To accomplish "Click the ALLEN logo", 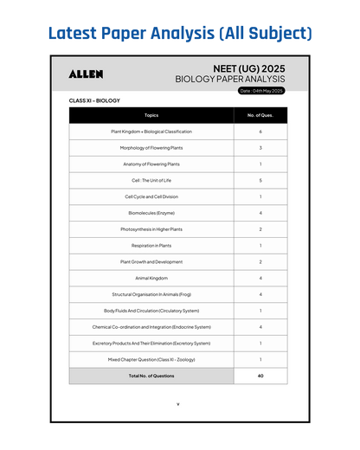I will pyautogui.click(x=86, y=74).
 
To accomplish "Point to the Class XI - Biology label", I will pyautogui.click(x=94, y=100).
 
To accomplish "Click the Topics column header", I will pyautogui.click(x=151, y=115).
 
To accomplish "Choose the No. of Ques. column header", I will pyautogui.click(x=260, y=115).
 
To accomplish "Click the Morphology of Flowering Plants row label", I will pyautogui.click(x=151, y=148).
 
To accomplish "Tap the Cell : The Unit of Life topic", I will pyautogui.click(x=151, y=180).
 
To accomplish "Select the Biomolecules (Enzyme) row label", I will pyautogui.click(x=151, y=213).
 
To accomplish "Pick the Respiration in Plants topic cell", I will pyautogui.click(x=151, y=245).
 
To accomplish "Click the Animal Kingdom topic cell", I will pyautogui.click(x=151, y=278).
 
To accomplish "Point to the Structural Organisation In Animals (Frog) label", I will pyautogui.click(x=151, y=294).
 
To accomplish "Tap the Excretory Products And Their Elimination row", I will pyautogui.click(x=151, y=343).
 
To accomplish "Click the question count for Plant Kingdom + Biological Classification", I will pyautogui.click(x=260, y=132).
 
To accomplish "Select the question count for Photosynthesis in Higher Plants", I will pyautogui.click(x=260, y=229).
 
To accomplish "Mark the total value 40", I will pyautogui.click(x=260, y=376).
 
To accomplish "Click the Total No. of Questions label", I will pyautogui.click(x=151, y=376).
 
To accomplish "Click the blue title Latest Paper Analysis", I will pyautogui.click(x=179, y=34).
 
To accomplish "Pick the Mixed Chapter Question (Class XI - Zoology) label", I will pyautogui.click(x=151, y=359).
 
